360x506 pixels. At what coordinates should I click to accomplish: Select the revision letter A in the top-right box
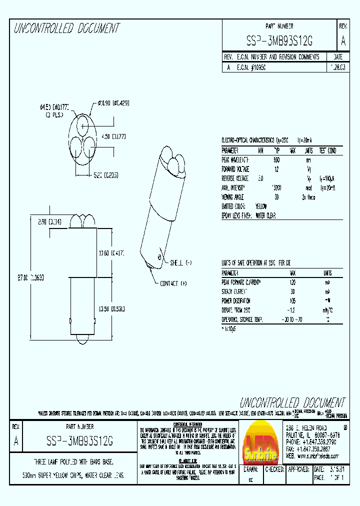(342, 41)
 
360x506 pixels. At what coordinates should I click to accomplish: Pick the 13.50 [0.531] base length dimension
(111, 308)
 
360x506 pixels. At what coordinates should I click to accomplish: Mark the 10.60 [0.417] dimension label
(111, 253)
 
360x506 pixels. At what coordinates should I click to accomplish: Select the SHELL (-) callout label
(181, 262)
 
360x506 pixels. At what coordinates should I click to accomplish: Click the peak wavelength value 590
(276, 160)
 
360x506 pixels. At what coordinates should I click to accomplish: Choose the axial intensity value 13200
(276, 187)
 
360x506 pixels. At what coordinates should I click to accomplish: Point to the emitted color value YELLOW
(261, 206)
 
